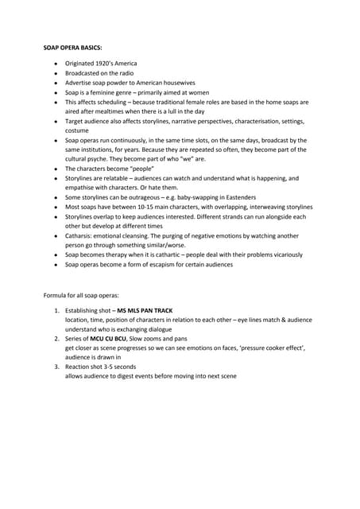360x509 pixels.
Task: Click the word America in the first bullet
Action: (123, 63)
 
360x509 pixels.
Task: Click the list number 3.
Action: (56, 367)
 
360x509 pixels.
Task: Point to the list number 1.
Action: (56, 309)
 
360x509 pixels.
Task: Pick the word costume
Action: (77, 130)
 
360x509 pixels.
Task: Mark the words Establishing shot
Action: (88, 309)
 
